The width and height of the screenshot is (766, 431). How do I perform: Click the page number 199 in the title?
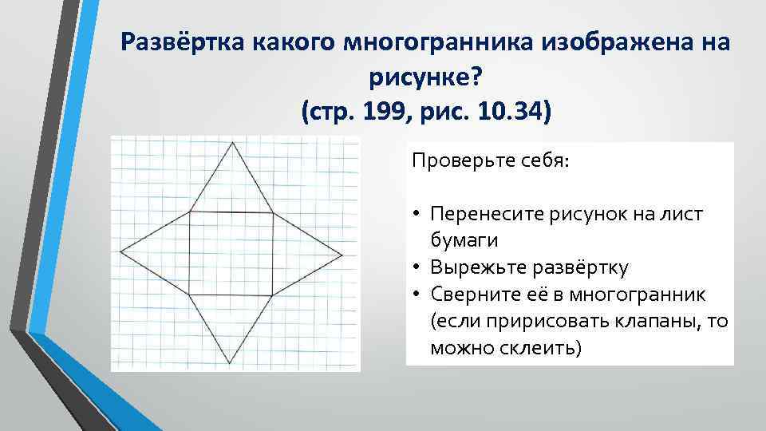pyautogui.click(x=386, y=112)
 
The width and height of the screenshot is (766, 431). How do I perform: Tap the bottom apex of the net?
pyautogui.click(x=231, y=365)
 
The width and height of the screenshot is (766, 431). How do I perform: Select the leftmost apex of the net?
pyautogui.click(x=120, y=252)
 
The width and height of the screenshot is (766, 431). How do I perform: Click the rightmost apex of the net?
pyautogui.click(x=344, y=254)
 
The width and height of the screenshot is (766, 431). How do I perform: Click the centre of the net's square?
pyautogui.click(x=231, y=253)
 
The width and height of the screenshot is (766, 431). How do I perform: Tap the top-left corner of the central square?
pyautogui.click(x=190, y=212)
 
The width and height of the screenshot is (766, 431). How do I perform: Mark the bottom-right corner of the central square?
pyautogui.click(x=274, y=295)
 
